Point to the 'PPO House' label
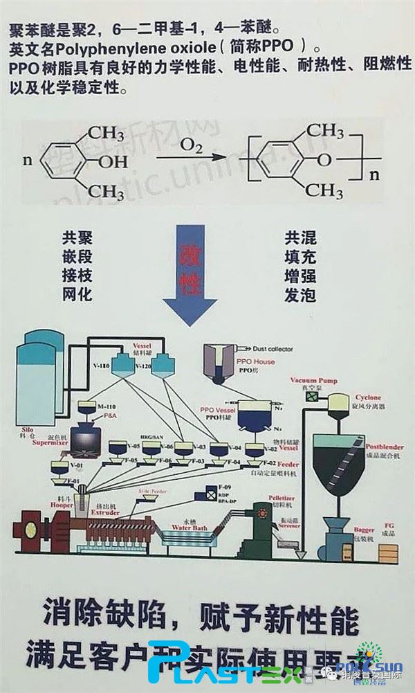255,362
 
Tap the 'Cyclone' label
369,399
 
